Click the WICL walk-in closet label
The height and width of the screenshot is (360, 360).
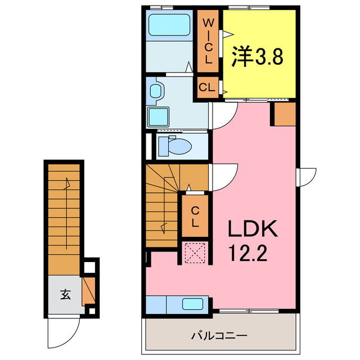click(x=208, y=41)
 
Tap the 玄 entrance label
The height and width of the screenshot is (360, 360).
click(x=65, y=294)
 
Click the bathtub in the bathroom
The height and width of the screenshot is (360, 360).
click(x=169, y=25)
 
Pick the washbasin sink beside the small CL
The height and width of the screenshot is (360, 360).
click(x=156, y=89)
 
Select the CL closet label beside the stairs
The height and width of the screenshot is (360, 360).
click(x=195, y=217)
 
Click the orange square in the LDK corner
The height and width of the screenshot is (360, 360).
click(x=283, y=114)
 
